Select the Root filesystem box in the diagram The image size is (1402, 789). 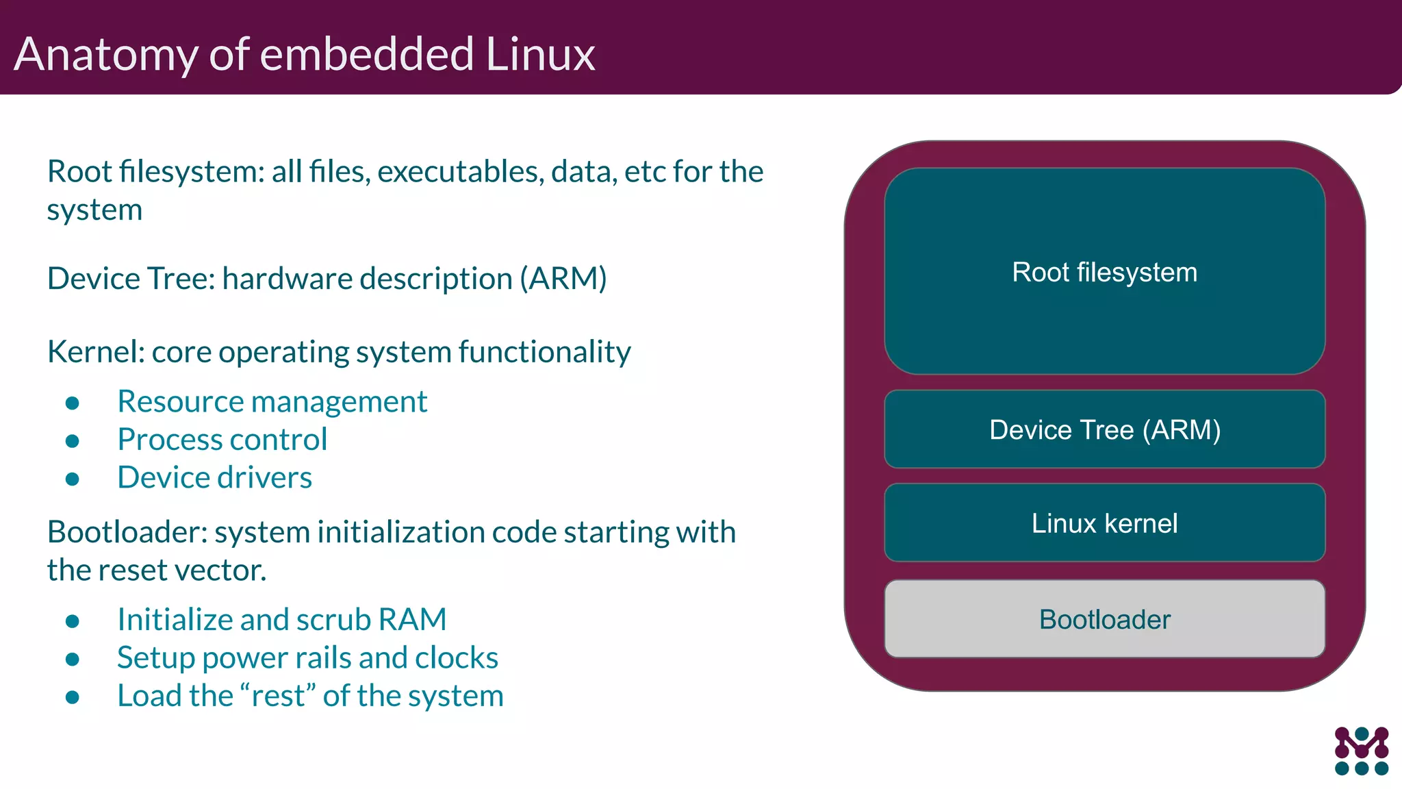coord(1104,271)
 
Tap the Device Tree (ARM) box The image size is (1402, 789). coord(1104,429)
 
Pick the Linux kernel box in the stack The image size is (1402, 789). coord(1104,523)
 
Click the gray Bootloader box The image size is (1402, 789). coord(1104,619)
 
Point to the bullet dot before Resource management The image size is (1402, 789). coord(73,403)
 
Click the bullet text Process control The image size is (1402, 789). coord(222,440)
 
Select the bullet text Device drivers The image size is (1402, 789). coord(214,477)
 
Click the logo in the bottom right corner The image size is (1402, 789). coord(1361,751)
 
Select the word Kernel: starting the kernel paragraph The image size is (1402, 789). coord(96,352)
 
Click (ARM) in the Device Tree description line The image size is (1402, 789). coord(563,279)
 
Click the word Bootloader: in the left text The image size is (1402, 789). coord(127,532)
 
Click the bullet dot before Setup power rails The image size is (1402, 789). coord(73,659)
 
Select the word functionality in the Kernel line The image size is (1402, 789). coord(544,352)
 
